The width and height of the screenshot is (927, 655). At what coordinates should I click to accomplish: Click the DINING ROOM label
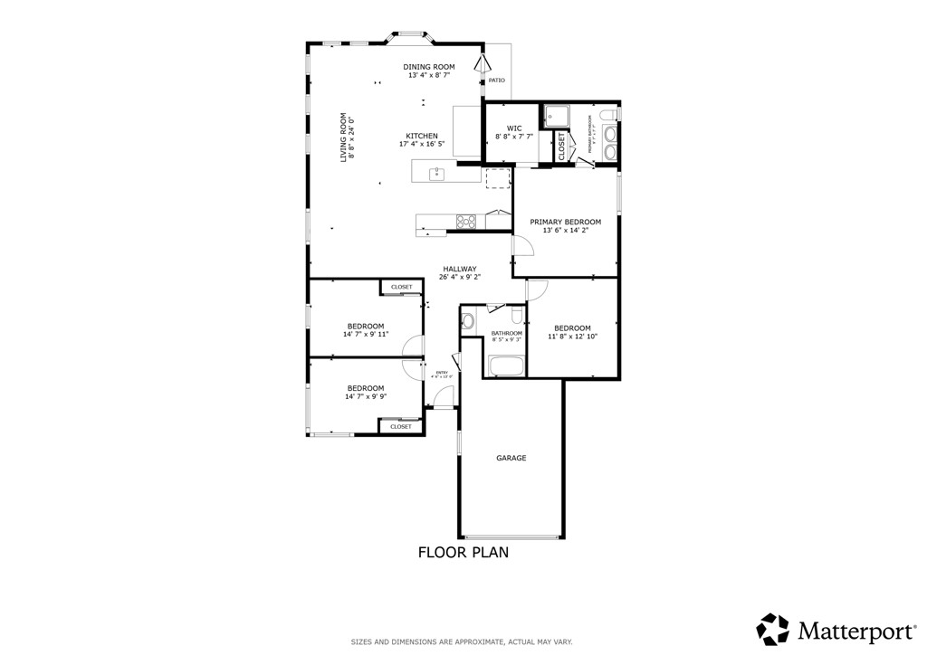[x=429, y=67]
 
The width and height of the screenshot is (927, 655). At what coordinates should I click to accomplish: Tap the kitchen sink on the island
[x=436, y=173]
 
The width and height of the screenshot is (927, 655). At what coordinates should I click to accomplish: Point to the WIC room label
[x=514, y=128]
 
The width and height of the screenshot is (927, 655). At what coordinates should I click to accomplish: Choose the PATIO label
[x=496, y=81]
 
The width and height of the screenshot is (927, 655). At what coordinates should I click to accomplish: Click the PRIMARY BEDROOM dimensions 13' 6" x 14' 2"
[x=565, y=231]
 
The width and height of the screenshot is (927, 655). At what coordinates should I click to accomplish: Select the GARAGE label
[x=511, y=458]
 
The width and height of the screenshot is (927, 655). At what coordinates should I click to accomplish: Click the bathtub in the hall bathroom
[x=506, y=366]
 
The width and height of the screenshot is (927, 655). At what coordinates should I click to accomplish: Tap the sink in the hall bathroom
[x=468, y=321]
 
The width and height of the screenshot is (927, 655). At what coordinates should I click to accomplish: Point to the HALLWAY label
[x=460, y=269]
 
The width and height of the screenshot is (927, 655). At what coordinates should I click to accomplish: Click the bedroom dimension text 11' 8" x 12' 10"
[x=572, y=337]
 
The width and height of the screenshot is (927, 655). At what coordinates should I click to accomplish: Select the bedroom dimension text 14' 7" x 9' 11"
[x=365, y=335]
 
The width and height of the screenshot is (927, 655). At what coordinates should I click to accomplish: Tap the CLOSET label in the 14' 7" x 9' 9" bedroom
[x=401, y=426]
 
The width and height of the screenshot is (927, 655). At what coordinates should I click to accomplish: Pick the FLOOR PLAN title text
[x=463, y=552]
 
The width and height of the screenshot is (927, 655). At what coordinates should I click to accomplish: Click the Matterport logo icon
[x=772, y=629]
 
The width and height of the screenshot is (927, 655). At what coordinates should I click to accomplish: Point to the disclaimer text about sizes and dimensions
[x=462, y=641]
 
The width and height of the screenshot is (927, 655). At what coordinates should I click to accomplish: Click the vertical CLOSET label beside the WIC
[x=561, y=147]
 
